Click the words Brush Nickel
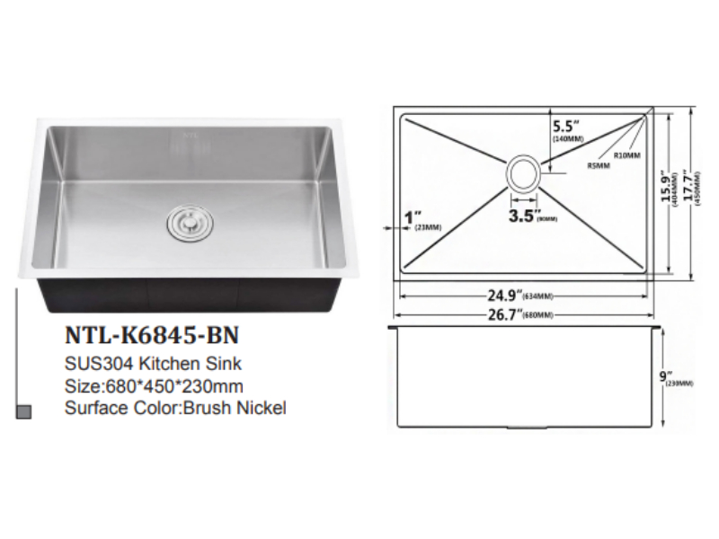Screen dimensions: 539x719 [235, 408]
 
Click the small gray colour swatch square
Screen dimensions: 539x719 [25, 411]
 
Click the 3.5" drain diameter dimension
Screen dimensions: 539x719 [524, 216]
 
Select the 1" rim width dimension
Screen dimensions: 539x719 [413, 216]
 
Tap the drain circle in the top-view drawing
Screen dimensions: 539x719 [524, 172]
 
